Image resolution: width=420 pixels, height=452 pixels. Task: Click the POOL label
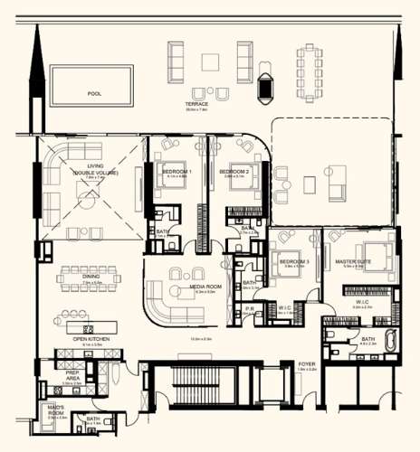click(94, 93)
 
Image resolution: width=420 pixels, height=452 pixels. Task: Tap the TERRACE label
click(196, 104)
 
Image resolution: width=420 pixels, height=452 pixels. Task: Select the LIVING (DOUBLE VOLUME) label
click(96, 169)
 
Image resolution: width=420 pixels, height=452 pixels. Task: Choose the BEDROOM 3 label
click(294, 261)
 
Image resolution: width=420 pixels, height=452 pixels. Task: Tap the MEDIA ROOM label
click(203, 287)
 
